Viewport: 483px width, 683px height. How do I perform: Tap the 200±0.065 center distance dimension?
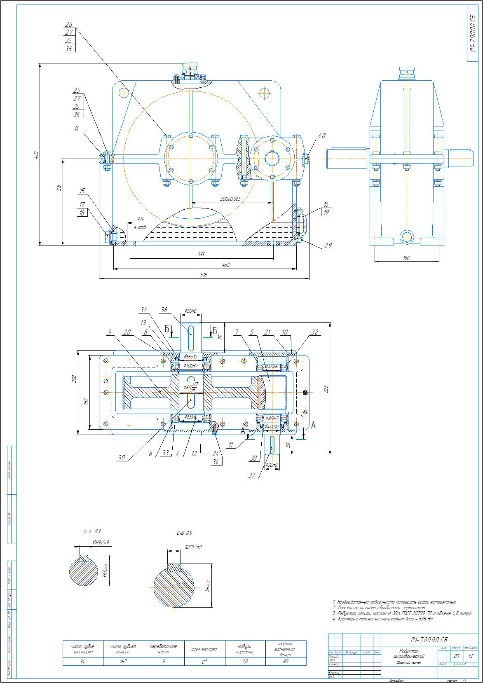pyautogui.click(x=230, y=199)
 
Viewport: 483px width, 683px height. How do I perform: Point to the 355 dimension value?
pyautogui.click(x=201, y=255)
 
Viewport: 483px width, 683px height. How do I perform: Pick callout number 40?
pyautogui.click(x=322, y=135)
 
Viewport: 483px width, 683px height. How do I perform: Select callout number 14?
pyautogui.click(x=76, y=129)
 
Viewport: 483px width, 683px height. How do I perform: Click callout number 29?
pyautogui.click(x=328, y=246)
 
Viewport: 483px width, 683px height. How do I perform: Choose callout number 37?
pyautogui.click(x=252, y=475)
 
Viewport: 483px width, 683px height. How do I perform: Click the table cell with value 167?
pyautogui.click(x=123, y=662)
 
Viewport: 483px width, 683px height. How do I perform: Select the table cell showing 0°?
pyautogui.click(x=204, y=662)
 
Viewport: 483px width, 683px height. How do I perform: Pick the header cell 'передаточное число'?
pyautogui.click(x=164, y=649)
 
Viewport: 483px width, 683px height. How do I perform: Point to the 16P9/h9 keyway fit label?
pyautogui.click(x=193, y=547)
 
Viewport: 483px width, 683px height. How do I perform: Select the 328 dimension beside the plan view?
pyautogui.click(x=326, y=388)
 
